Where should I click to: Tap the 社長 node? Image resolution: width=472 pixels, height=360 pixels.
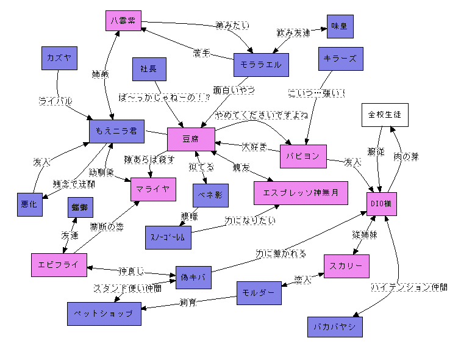click(x=149, y=69)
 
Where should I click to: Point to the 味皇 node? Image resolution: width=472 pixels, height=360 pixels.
click(x=339, y=26)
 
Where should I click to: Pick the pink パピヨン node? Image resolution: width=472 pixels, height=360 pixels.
click(x=304, y=156)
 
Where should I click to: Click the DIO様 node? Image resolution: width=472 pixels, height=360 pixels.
click(x=383, y=203)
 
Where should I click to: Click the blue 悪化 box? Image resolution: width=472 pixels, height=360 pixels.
click(x=30, y=204)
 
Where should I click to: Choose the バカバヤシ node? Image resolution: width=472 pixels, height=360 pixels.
click(x=335, y=326)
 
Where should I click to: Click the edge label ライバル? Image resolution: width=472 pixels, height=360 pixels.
click(x=55, y=100)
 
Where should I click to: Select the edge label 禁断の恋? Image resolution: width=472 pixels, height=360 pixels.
click(x=107, y=226)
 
